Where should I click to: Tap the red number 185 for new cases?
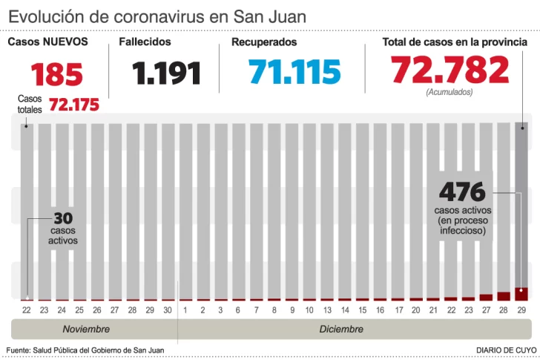pos(57,74)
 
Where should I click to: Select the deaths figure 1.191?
pos(167,73)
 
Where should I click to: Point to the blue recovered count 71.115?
pos(294,71)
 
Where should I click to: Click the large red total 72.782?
pos(450,69)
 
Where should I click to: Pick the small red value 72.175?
pos(74,105)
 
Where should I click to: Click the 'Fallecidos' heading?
pos(145,42)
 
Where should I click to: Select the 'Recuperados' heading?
pos(263,42)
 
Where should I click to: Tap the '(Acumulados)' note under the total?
pos(450,92)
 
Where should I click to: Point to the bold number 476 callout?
pos(461,192)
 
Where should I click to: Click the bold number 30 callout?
pos(62,219)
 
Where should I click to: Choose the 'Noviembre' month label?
pos(86,329)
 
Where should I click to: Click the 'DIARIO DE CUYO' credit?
pos(506,350)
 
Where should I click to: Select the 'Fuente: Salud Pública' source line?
pos(85,350)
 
